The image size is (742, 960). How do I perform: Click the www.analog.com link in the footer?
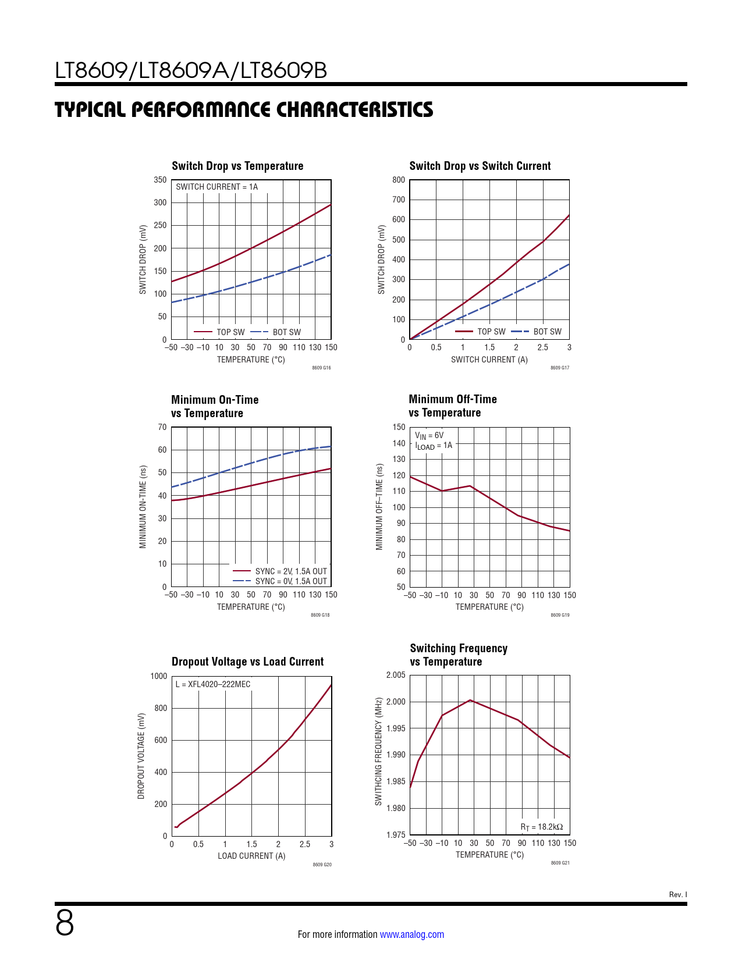[x=411, y=934]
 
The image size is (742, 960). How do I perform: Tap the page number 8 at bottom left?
[x=65, y=923]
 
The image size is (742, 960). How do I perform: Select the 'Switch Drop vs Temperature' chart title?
[x=237, y=166]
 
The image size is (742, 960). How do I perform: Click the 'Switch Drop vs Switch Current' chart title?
[x=480, y=166]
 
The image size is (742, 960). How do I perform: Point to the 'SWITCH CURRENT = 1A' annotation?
[x=216, y=187]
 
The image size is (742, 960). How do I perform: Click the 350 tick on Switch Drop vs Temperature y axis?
[x=160, y=180]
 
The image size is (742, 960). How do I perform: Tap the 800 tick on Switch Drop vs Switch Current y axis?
[x=399, y=180]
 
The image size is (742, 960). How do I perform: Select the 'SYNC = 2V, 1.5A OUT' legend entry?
[x=291, y=571]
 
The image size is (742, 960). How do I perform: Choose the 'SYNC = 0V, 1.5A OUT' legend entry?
[x=291, y=581]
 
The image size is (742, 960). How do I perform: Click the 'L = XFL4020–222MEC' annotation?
[x=213, y=684]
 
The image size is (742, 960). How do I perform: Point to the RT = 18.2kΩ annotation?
[x=541, y=827]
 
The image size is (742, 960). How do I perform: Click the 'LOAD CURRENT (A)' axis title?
[x=251, y=856]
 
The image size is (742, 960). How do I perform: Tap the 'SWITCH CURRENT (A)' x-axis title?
[x=489, y=360]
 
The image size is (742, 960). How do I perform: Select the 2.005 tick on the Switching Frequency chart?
[x=396, y=675]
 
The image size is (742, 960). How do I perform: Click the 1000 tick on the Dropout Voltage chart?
[x=159, y=676]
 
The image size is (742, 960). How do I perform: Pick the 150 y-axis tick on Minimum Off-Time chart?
[x=399, y=427]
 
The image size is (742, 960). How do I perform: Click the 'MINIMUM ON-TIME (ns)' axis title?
[x=143, y=507]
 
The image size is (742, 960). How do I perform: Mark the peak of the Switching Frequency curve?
[x=470, y=700]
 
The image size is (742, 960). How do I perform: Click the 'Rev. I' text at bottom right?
[x=678, y=895]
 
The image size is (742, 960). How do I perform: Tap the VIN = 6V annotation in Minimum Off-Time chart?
[x=429, y=435]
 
